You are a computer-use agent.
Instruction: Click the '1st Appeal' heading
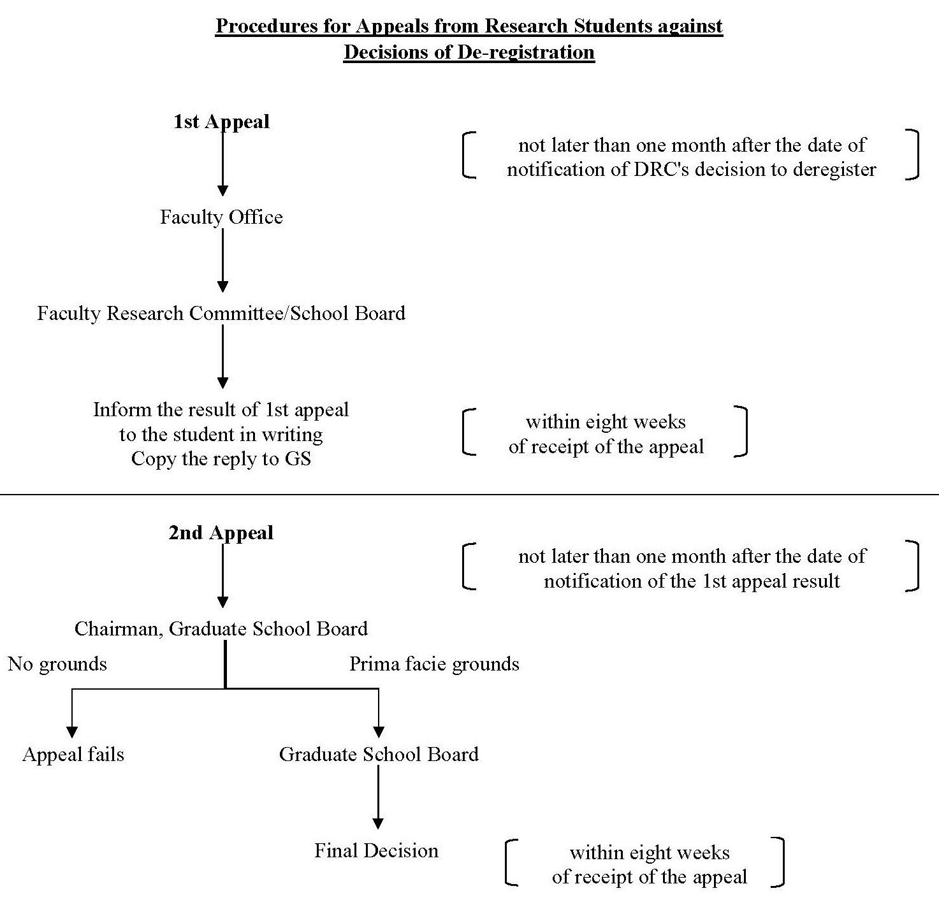(x=221, y=122)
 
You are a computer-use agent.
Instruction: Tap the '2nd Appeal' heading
(x=221, y=533)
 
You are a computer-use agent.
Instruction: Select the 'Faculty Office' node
(x=221, y=217)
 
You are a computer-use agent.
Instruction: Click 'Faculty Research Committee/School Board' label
(x=221, y=313)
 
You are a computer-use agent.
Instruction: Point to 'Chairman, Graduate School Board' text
(x=221, y=628)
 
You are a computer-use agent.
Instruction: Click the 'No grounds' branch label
(x=57, y=664)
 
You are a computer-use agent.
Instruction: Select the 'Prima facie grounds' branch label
(x=434, y=664)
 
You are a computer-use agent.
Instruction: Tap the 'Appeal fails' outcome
(x=73, y=755)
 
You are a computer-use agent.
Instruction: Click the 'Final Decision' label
(x=376, y=850)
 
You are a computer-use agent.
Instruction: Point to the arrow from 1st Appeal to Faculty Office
(x=222, y=162)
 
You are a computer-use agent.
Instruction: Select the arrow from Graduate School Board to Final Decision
(x=378, y=797)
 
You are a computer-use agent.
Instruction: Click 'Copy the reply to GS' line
(x=221, y=459)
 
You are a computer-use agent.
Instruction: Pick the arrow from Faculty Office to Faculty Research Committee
(x=222, y=260)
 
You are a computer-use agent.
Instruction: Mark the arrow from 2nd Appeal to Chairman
(x=222, y=576)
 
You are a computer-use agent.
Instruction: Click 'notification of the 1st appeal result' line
(x=692, y=581)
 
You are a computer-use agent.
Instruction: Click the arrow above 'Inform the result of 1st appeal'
(x=222, y=356)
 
